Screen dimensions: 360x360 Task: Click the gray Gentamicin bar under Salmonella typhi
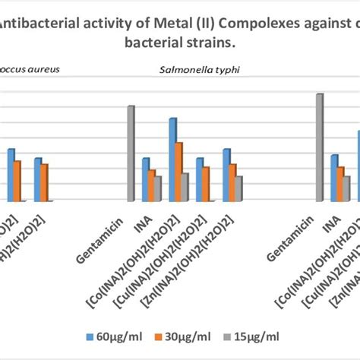131,153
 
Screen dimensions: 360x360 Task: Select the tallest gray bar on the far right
320,147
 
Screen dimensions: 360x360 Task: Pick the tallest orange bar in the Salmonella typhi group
178,172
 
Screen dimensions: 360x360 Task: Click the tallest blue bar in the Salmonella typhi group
172,159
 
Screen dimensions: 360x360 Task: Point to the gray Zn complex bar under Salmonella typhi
238,188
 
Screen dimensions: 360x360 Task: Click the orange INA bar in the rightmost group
340,184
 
